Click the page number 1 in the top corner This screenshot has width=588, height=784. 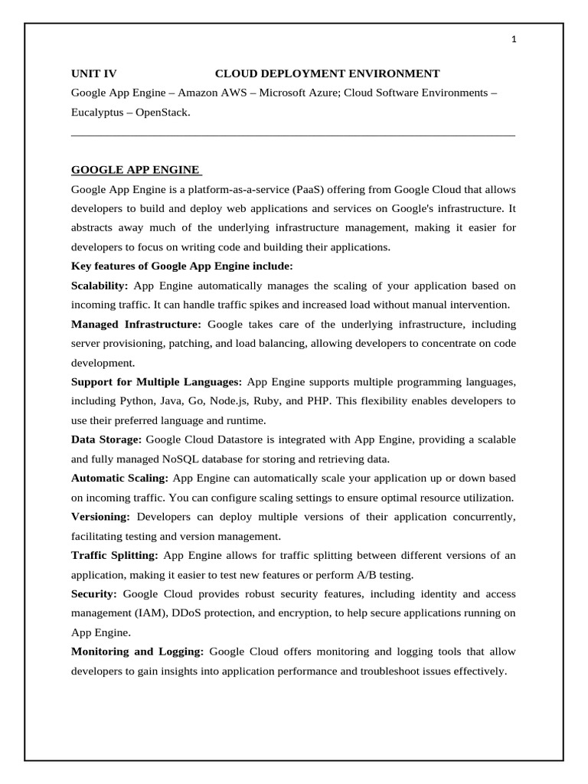pyautogui.click(x=514, y=41)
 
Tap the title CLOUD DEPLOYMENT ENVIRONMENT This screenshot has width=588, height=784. pyautogui.click(x=327, y=73)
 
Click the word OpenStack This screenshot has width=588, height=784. pyautogui.click(x=162, y=112)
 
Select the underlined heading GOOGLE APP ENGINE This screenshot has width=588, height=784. pyautogui.click(x=136, y=170)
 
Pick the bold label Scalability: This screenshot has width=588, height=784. pyautogui.click(x=100, y=286)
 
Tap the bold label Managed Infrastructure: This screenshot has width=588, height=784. pyautogui.click(x=136, y=324)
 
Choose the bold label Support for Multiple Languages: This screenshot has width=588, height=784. pyautogui.click(x=157, y=381)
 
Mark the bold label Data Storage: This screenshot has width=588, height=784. pyautogui.click(x=106, y=439)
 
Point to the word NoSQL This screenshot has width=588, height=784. pyautogui.click(x=185, y=459)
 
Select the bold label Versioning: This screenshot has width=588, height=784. pyautogui.click(x=101, y=517)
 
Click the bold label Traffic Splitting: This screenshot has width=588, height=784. pyautogui.click(x=115, y=555)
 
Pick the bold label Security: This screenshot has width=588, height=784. pyautogui.click(x=94, y=594)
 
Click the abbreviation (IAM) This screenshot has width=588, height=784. pyautogui.click(x=155, y=613)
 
